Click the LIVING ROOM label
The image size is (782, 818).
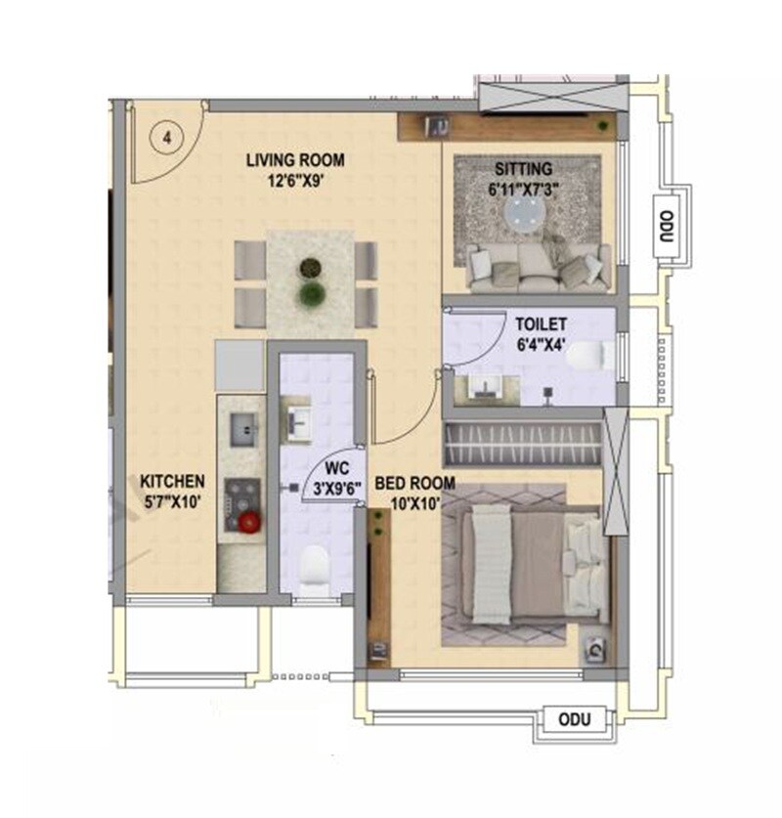click(295, 160)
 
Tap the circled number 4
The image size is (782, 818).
click(167, 138)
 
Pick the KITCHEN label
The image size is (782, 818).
click(172, 481)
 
